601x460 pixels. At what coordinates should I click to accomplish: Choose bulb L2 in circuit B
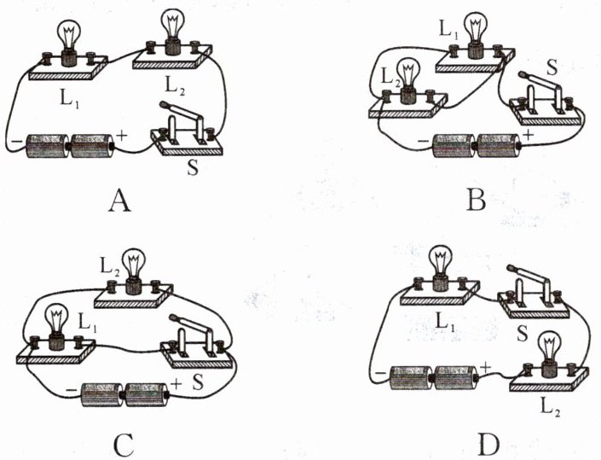[x=408, y=78]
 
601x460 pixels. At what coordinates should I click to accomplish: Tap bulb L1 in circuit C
[x=55, y=323]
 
